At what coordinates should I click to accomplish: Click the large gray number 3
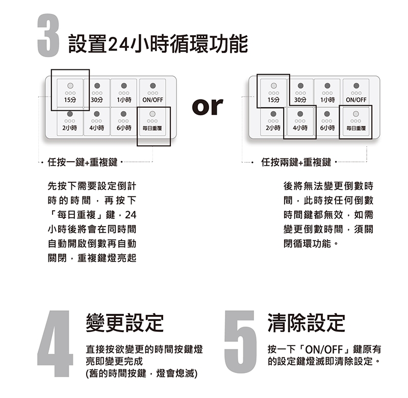[x=48, y=35]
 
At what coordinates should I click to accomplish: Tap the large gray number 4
[x=55, y=343]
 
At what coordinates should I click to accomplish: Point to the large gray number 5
[x=240, y=342]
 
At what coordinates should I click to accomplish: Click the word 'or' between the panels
[x=208, y=107]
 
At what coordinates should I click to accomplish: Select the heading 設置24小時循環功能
[x=158, y=44]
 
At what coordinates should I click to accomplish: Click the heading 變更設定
[x=124, y=322]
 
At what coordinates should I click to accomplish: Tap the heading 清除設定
[x=307, y=322]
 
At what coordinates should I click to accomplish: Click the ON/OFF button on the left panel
[x=152, y=93]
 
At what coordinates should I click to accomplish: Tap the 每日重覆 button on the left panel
[x=152, y=121]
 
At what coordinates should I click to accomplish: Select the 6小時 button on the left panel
[x=123, y=121]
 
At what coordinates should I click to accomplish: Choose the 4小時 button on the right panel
[x=300, y=121]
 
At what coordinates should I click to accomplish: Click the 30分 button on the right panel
[x=300, y=93]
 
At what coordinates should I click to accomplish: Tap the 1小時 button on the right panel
[x=327, y=93]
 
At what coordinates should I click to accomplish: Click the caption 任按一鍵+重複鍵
[x=83, y=162]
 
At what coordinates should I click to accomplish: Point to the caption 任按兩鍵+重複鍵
[x=296, y=162]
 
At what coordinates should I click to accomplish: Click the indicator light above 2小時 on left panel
[x=70, y=114]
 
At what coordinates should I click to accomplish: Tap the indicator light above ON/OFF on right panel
[x=356, y=86]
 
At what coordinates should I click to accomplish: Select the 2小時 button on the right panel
[x=273, y=121]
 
